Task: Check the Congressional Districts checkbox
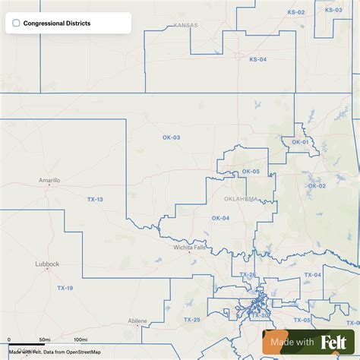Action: click(16, 24)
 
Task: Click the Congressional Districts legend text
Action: click(57, 24)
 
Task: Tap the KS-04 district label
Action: click(258, 59)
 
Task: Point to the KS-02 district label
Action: click(295, 12)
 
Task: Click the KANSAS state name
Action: click(185, 25)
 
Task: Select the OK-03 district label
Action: click(171, 137)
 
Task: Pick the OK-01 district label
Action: click(301, 142)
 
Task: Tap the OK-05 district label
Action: click(251, 172)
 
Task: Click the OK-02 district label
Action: click(316, 185)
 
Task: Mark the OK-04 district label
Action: click(220, 219)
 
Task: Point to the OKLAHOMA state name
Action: click(242, 199)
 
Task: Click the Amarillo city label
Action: click(49, 181)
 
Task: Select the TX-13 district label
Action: click(94, 199)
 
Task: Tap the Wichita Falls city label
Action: click(189, 247)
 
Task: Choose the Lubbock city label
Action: click(47, 264)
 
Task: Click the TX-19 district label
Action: click(65, 289)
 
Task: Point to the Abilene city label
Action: click(137, 321)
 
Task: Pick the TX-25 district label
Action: click(191, 319)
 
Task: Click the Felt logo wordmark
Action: click(334, 343)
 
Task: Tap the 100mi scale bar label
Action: click(81, 339)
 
